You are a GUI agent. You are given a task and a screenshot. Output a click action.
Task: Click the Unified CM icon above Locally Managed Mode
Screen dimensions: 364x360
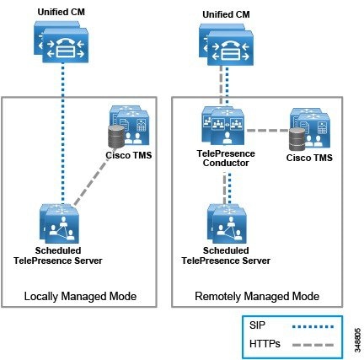[x=62, y=41]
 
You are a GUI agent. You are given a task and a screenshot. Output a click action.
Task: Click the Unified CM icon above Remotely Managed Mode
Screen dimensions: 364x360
[x=226, y=45]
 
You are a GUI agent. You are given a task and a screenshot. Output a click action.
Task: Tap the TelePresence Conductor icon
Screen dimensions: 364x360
[x=223, y=126]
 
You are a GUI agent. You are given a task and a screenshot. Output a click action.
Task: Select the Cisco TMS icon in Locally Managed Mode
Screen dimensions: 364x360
[x=129, y=126]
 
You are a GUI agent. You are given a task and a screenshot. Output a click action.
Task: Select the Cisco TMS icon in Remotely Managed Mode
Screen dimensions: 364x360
[x=309, y=129]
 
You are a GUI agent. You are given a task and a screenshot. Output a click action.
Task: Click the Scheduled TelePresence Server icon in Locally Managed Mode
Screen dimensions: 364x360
[x=60, y=223]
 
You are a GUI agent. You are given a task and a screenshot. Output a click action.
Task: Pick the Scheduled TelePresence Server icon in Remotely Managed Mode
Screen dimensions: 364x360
[x=227, y=223]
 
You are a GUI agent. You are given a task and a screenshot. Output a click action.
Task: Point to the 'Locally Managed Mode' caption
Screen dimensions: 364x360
[x=80, y=296]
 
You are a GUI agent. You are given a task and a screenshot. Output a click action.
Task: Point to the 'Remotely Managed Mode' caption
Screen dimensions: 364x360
[x=257, y=296]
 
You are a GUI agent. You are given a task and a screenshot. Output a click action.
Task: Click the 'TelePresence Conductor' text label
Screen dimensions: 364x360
[x=226, y=159]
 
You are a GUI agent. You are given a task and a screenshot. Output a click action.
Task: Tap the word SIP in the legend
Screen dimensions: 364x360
[x=257, y=325]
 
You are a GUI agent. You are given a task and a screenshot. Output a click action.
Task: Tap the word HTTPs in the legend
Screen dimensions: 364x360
[x=265, y=344]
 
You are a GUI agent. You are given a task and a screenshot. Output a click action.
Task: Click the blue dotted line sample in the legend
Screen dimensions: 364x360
[x=313, y=327]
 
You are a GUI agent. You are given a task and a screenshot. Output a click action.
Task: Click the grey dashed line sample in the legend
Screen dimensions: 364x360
[x=313, y=345]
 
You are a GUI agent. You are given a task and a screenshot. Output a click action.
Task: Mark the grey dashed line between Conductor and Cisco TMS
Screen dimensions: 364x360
[x=268, y=131]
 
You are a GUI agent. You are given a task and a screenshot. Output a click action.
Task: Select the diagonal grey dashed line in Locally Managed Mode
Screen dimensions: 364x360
[x=92, y=180]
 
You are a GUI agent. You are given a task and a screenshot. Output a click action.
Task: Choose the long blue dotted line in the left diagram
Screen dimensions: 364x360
[x=63, y=133]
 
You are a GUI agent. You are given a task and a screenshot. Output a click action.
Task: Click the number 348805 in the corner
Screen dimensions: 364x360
[x=357, y=340]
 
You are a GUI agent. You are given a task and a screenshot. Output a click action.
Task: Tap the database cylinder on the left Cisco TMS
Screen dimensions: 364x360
[x=116, y=137]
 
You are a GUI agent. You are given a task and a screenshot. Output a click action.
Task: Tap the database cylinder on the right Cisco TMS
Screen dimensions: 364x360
[x=297, y=139]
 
